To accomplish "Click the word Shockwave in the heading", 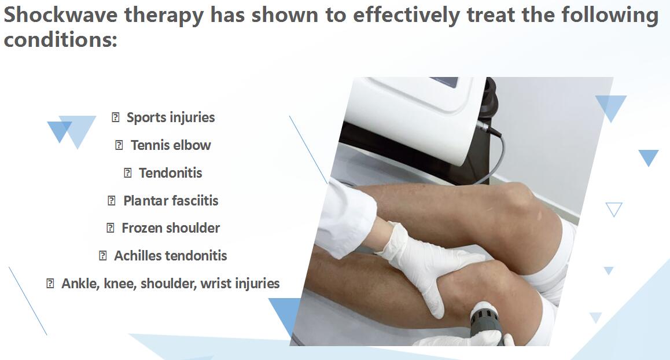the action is pos(60,14).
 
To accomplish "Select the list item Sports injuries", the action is pos(171,117).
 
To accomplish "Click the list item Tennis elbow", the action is pos(171,145).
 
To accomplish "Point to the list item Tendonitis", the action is pos(171,173).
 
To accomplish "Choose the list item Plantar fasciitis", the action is pos(171,201).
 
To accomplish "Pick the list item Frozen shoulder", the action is pos(171,228).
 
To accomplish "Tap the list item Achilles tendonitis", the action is pos(171,256).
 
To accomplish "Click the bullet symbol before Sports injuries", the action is pos(115,117).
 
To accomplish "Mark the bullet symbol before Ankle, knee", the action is pos(50,284).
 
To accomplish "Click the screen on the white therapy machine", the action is pos(444,81).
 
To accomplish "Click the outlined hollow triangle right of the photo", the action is pos(614,208).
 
